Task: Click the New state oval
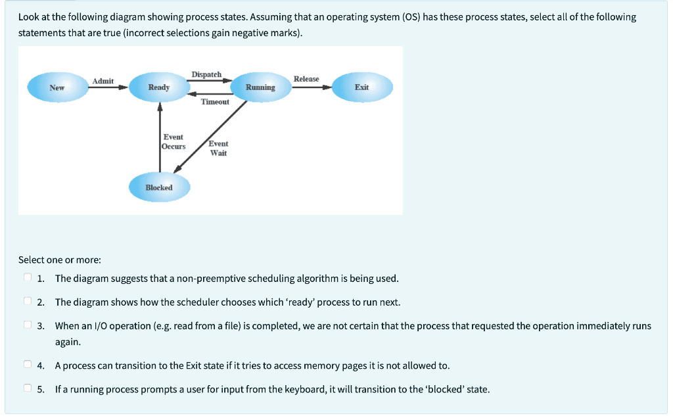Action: coord(57,87)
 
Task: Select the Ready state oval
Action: coord(159,87)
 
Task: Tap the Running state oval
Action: coord(260,87)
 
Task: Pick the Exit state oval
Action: coord(361,87)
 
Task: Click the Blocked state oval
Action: coord(159,187)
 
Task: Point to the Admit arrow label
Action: coord(103,81)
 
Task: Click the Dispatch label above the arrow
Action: coord(206,75)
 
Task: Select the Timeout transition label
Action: coord(215,102)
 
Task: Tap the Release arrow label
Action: coord(306,79)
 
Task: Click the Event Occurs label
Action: coord(174,142)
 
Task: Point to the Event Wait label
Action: coord(218,148)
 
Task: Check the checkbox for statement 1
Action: coord(28,278)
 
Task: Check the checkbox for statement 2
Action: coord(28,302)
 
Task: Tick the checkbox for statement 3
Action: coord(28,325)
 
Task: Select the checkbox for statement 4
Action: coord(28,365)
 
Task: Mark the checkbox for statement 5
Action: coord(28,389)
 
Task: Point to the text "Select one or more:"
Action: coord(60,260)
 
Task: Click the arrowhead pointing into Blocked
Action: coord(177,172)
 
